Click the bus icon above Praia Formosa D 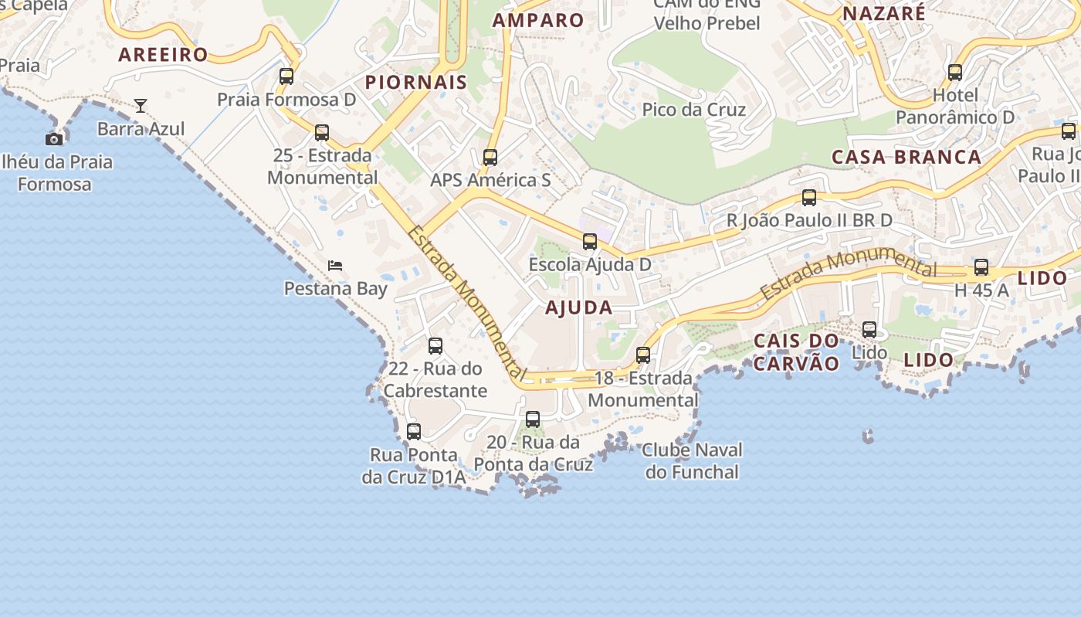click(286, 76)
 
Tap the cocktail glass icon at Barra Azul click(141, 106)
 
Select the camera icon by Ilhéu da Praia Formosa click(54, 139)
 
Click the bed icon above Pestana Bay click(335, 266)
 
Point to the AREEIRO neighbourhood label click(163, 54)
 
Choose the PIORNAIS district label click(416, 82)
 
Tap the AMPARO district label click(538, 20)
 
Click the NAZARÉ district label click(884, 13)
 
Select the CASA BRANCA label click(906, 157)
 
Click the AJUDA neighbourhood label click(579, 307)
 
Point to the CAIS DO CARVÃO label click(796, 351)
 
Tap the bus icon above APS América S click(490, 158)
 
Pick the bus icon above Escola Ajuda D click(590, 242)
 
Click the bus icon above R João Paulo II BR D click(809, 198)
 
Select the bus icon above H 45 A click(981, 267)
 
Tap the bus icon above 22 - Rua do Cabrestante click(435, 346)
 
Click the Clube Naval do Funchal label click(692, 460)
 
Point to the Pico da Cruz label click(694, 110)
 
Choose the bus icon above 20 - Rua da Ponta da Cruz click(533, 419)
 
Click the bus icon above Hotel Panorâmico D click(955, 73)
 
